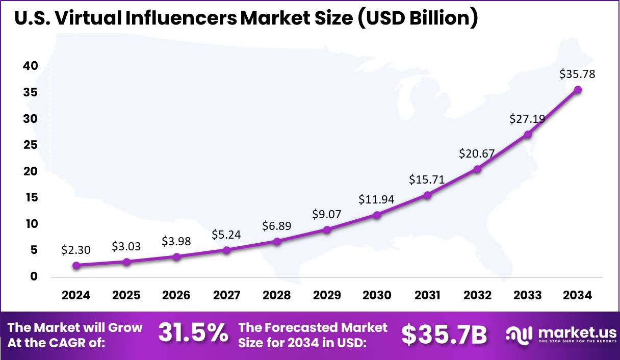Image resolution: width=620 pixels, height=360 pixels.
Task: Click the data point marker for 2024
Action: click(x=76, y=265)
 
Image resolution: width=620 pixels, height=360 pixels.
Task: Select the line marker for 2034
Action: click(x=578, y=90)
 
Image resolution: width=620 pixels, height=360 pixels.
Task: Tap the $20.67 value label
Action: click(x=477, y=153)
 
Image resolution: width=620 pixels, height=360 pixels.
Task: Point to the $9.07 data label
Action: click(x=326, y=214)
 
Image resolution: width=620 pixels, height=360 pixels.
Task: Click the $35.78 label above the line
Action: click(x=577, y=74)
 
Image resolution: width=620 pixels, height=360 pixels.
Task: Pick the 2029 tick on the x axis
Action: click(x=327, y=296)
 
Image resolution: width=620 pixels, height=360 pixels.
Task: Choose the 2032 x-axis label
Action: click(x=477, y=296)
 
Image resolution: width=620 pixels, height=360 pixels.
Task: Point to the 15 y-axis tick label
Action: click(x=31, y=197)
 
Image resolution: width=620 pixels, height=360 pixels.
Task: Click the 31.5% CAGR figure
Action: click(x=193, y=333)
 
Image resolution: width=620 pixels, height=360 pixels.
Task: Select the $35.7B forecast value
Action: click(x=444, y=334)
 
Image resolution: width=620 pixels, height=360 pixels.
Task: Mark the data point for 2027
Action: click(x=227, y=250)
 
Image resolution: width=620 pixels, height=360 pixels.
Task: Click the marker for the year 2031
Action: click(x=427, y=195)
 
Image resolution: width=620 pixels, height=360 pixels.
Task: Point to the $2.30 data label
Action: click(x=76, y=250)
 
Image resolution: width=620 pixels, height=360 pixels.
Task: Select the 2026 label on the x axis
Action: click(x=176, y=296)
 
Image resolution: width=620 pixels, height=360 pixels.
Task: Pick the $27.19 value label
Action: click(x=527, y=119)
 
